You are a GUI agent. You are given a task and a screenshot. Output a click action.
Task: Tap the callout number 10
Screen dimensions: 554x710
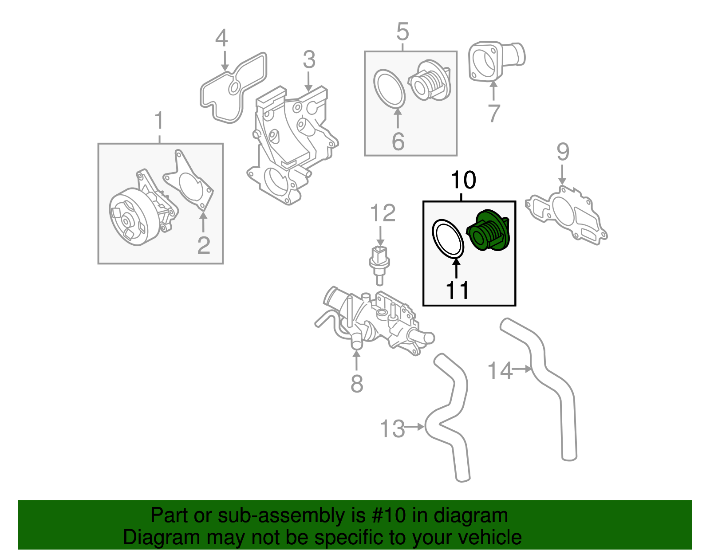pyautogui.click(x=463, y=181)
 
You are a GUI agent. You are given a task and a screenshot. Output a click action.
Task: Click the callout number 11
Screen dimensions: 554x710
pyautogui.click(x=457, y=291)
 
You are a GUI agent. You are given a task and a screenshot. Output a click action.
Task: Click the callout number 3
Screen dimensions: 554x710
pyautogui.click(x=309, y=60)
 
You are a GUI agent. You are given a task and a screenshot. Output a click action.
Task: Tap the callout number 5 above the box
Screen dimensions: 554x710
pyautogui.click(x=402, y=32)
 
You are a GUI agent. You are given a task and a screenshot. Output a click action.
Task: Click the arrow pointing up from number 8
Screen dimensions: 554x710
pyautogui.click(x=356, y=361)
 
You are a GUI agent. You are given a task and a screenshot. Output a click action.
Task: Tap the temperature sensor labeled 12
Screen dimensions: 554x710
pyautogui.click(x=379, y=264)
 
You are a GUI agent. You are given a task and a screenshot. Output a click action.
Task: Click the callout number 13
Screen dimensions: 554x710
pyautogui.click(x=392, y=428)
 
